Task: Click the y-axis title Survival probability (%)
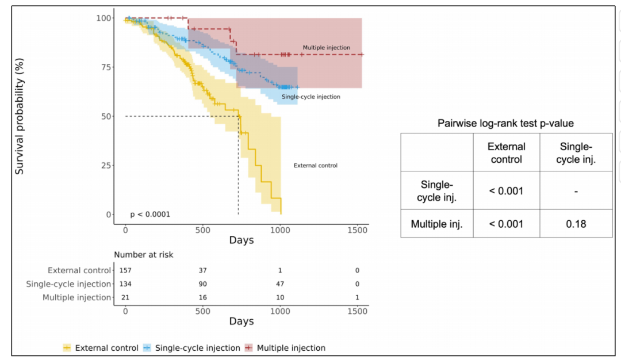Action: coord(20,116)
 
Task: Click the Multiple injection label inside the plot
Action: coord(326,48)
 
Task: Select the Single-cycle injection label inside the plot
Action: coord(310,97)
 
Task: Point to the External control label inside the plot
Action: coord(315,166)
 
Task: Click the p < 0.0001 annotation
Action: coord(150,215)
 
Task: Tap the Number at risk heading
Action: coord(143,255)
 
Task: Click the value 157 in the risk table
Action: coord(125,271)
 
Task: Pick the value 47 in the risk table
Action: coord(279,284)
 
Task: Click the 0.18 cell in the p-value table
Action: coord(576,224)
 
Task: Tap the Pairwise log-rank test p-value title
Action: coord(505,123)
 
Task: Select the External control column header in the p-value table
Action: coord(506,152)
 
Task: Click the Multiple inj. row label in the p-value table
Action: coord(436,224)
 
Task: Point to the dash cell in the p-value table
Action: coord(576,190)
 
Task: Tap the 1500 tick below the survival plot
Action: coord(358,229)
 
